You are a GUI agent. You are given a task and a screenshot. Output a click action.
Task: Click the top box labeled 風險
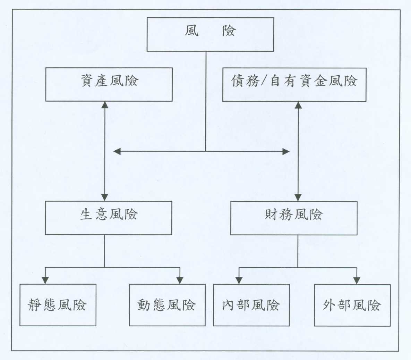point(210,34)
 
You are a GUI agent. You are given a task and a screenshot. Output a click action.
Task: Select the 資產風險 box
point(109,84)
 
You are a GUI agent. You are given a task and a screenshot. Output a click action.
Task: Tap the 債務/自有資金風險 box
point(294,84)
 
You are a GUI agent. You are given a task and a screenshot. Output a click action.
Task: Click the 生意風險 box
point(109,218)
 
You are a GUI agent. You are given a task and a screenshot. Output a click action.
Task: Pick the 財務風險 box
point(294,218)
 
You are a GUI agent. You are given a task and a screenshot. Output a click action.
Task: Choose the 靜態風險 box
point(58,305)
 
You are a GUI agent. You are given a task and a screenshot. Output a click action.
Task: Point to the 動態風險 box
point(167,305)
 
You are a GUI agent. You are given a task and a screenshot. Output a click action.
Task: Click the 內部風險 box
point(251,305)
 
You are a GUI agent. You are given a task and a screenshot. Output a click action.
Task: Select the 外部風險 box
point(352,305)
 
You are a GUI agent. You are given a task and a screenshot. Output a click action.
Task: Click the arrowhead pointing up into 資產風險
point(105,105)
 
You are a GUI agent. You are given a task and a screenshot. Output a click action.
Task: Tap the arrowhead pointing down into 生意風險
point(105,198)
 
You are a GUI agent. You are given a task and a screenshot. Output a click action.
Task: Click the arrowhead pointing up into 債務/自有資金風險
point(298,105)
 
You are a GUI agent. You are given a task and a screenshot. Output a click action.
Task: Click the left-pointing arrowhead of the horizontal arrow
point(117,151)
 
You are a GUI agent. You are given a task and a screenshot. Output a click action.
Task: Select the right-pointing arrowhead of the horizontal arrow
point(286,151)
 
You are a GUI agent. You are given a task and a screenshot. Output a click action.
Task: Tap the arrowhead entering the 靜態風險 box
point(45,280)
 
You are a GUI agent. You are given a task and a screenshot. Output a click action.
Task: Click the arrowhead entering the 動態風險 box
point(180,280)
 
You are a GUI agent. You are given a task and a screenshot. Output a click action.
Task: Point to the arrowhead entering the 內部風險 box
point(239,281)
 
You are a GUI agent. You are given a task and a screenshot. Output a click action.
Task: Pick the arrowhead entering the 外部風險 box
point(357,281)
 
